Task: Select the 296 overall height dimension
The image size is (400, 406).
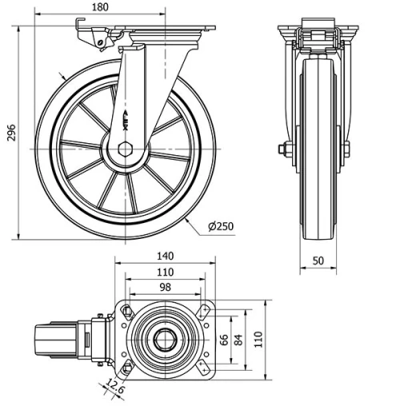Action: [10, 132]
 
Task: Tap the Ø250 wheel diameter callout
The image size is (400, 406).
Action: [221, 226]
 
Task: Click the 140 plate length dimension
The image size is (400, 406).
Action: [166, 257]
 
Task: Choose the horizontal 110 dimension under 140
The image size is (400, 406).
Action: [166, 272]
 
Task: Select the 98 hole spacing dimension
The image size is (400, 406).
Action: [166, 286]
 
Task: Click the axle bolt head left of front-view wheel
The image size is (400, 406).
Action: [283, 149]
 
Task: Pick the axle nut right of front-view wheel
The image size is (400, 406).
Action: [346, 149]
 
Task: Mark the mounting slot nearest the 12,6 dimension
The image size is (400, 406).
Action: [126, 368]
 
